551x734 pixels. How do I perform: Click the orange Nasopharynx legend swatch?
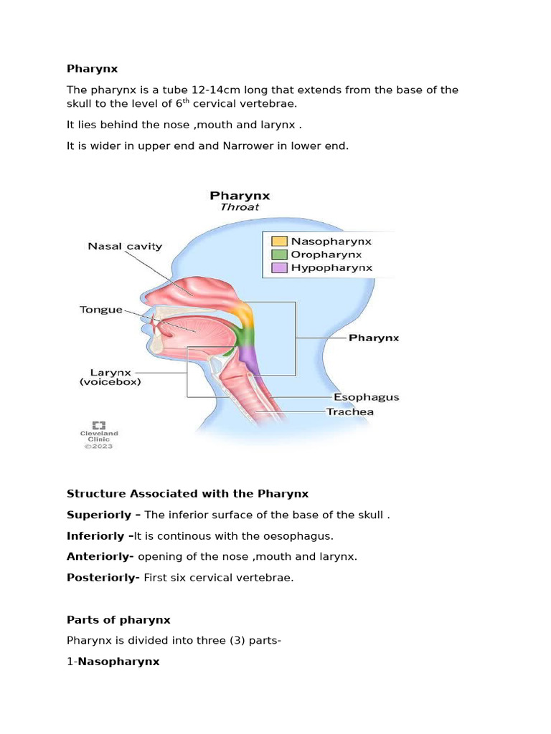point(279,242)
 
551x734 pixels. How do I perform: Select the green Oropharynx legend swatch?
point(279,254)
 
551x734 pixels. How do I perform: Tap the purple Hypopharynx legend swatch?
point(279,268)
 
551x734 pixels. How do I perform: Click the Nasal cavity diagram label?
point(125,246)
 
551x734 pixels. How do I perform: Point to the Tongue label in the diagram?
point(101,310)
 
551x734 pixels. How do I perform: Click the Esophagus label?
point(367,397)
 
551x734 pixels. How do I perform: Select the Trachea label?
point(349,411)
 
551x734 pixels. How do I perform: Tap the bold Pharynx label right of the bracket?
point(374,337)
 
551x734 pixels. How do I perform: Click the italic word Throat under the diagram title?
point(240,207)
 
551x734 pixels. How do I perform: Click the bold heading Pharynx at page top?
point(92,69)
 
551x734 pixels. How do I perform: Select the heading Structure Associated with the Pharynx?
point(187,493)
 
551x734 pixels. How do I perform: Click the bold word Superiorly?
point(99,515)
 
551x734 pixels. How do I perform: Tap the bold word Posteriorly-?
point(103,578)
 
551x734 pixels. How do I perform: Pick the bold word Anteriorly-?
point(100,556)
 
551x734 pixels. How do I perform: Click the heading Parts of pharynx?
point(118,619)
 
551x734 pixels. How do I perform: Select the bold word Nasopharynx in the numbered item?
point(118,662)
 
